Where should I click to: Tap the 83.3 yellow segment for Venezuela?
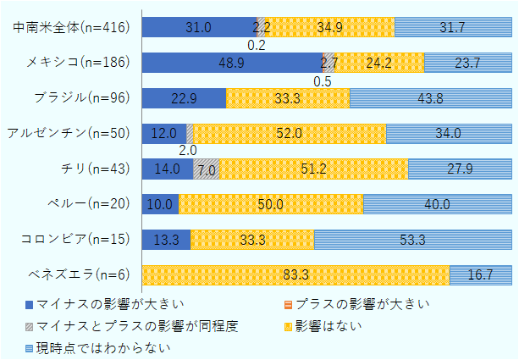295,274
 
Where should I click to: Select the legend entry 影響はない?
318,325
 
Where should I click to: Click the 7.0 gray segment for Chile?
207,169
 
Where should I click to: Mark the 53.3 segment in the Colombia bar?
412,240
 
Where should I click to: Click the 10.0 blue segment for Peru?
160,204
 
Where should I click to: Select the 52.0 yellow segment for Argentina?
290,133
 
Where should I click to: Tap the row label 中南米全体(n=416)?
73,27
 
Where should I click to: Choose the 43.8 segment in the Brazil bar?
430,97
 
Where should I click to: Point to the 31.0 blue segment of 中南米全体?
198,27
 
